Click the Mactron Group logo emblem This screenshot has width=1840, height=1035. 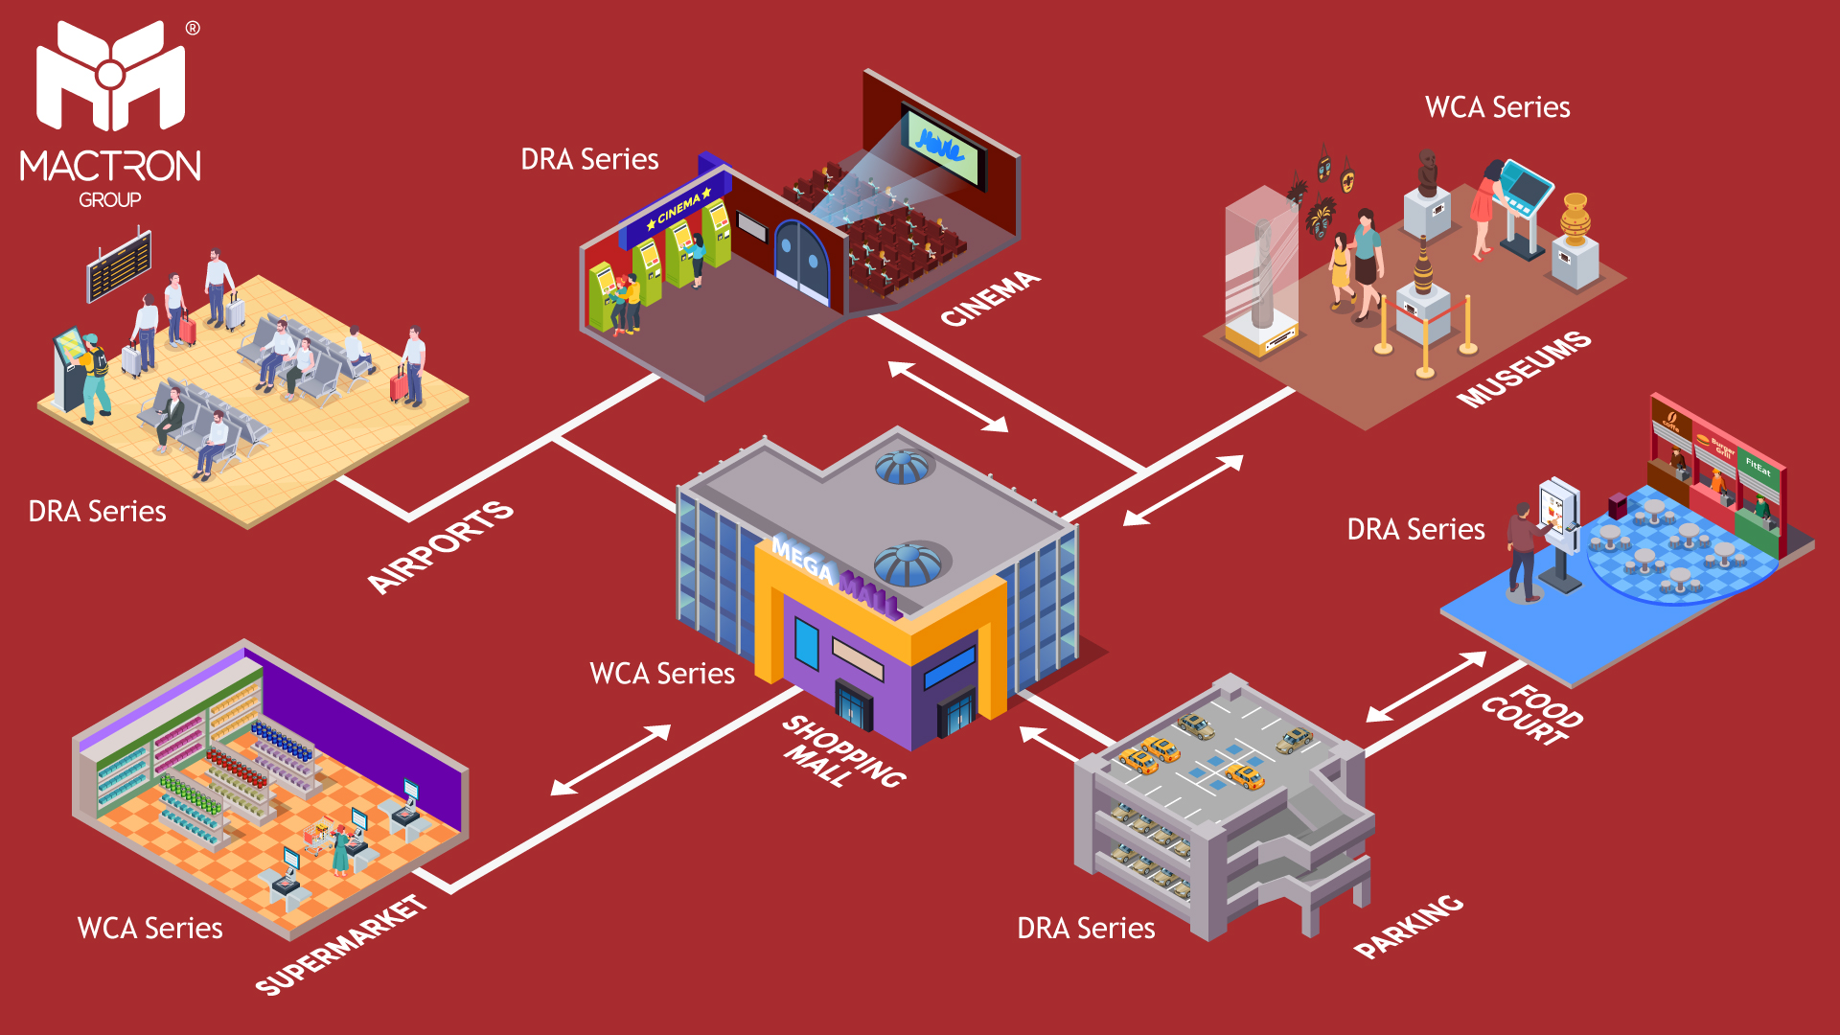pyautogui.click(x=110, y=77)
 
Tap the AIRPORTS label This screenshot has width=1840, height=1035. pyautogui.click(x=441, y=546)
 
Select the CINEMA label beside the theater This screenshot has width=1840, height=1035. pyautogui.click(x=989, y=298)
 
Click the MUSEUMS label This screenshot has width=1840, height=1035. pyautogui.click(x=1524, y=369)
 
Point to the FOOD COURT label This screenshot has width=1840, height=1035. pyautogui.click(x=1531, y=715)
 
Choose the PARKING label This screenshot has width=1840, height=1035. pyautogui.click(x=1409, y=926)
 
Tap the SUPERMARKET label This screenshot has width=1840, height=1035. pyautogui.click(x=341, y=945)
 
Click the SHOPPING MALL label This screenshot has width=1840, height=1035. pyautogui.click(x=843, y=753)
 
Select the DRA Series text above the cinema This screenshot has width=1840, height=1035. pyautogui.click(x=589, y=159)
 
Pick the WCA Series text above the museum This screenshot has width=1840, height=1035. pyautogui.click(x=1497, y=107)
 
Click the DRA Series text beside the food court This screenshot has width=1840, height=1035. pyautogui.click(x=1415, y=529)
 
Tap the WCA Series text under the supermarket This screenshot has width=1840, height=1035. pyautogui.click(x=149, y=928)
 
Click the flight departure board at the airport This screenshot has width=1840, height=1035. pyautogui.click(x=119, y=264)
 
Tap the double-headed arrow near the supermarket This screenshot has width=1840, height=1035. pyautogui.click(x=610, y=760)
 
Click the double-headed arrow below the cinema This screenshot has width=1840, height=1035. pyautogui.click(x=948, y=396)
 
